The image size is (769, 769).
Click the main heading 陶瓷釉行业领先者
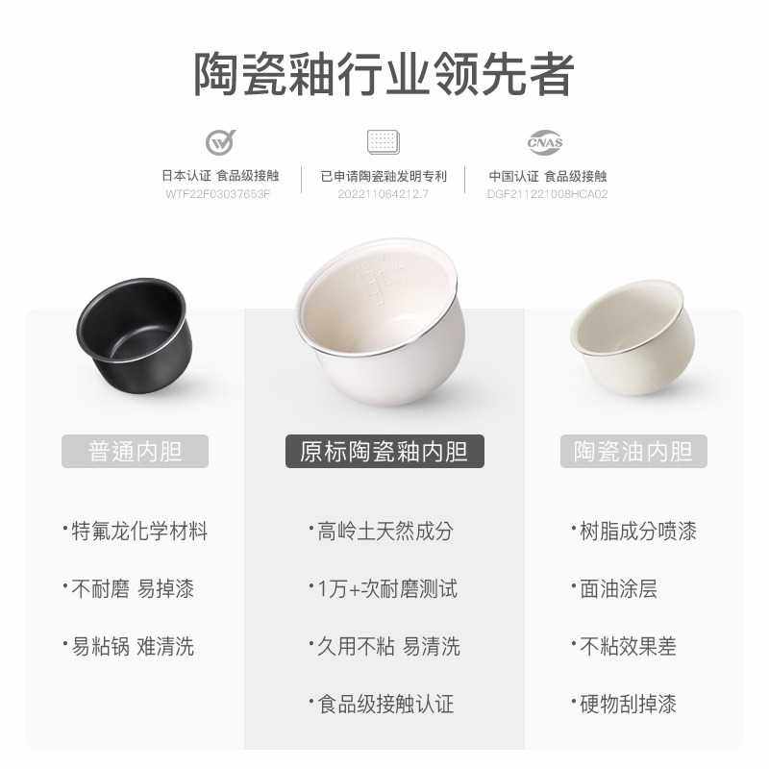point(384,73)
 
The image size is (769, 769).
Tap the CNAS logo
point(545,142)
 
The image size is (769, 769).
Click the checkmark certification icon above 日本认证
point(220,142)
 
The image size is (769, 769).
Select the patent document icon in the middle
point(383,142)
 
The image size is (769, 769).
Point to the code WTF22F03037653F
point(218,193)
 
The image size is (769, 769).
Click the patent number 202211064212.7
point(383,193)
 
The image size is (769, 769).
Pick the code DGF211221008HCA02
point(548,193)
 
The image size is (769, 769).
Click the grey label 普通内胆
point(136,451)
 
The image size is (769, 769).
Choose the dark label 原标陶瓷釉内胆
point(384,451)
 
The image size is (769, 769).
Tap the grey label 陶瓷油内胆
point(633,451)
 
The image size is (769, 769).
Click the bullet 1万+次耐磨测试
point(383,588)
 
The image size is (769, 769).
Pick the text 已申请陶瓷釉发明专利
point(384,176)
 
